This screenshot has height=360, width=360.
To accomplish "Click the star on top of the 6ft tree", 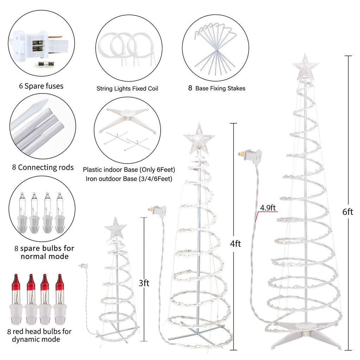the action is point(305,67).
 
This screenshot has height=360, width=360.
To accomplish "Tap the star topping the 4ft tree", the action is point(199,139).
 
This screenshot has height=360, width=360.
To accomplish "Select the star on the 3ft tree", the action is point(115,229).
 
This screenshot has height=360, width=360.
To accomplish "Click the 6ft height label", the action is point(348,212).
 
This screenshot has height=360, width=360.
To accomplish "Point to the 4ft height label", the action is point(236,244).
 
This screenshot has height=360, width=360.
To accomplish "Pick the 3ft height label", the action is point(144,283).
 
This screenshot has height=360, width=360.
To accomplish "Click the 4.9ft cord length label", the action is point(268,208).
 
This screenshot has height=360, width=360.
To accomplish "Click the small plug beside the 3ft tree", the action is point(84,266).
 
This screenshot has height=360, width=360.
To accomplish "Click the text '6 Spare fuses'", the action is point(41,86).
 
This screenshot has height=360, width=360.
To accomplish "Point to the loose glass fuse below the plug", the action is point(44,65).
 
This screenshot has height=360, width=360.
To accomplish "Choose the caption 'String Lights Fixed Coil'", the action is point(127,89).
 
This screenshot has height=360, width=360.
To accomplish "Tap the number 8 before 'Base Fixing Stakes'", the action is point(190,88).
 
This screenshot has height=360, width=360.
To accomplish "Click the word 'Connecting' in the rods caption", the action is point(37,168).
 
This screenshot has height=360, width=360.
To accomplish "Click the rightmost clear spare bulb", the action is point(60,213).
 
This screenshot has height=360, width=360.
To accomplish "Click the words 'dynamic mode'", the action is point(36,339).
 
